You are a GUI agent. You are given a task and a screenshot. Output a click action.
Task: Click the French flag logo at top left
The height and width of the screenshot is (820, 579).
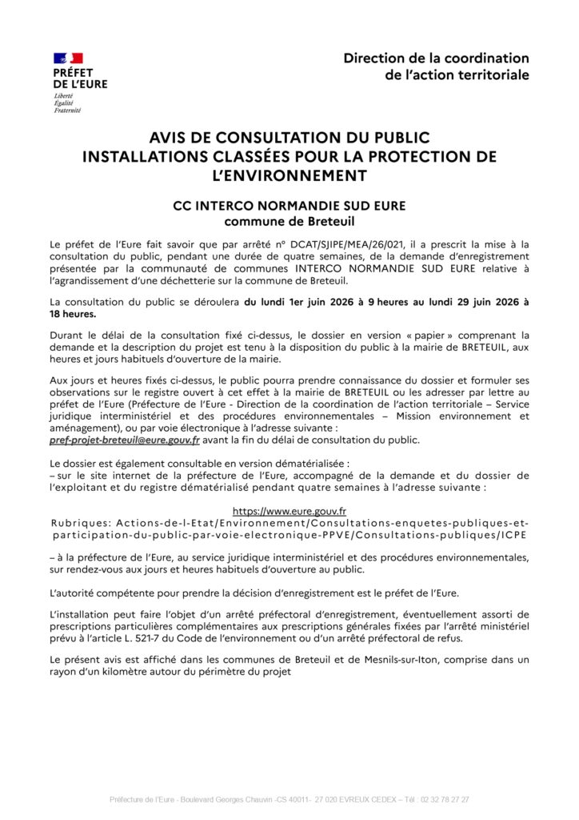tap(68, 58)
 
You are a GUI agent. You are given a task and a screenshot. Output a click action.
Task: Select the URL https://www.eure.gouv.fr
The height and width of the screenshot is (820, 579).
tap(289, 511)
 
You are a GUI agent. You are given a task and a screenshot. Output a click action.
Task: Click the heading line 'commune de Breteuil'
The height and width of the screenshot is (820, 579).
tap(289, 220)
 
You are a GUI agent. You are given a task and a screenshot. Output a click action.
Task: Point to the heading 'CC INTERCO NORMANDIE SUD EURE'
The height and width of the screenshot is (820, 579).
tap(289, 206)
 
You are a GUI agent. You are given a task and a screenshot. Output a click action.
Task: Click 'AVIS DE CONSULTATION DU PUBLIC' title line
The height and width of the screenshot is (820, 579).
tap(289, 138)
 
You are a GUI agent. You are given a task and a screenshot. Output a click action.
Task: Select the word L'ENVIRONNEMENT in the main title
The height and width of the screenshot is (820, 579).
tap(289, 175)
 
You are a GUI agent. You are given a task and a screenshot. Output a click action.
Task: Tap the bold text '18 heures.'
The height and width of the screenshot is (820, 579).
tap(73, 314)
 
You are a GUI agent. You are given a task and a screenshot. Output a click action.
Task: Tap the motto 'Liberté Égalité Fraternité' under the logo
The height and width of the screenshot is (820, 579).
tap(67, 102)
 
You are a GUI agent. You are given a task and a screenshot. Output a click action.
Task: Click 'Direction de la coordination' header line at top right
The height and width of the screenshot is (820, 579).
tap(436, 58)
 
